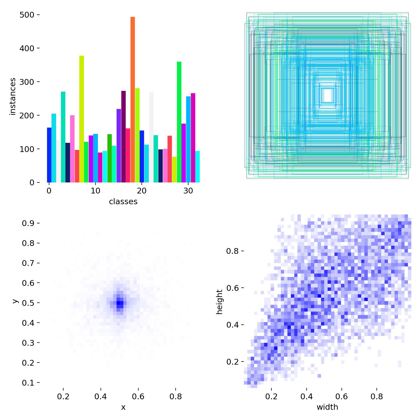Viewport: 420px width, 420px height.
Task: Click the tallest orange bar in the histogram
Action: tap(133, 100)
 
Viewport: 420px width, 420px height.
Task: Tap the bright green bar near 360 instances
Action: tap(179, 122)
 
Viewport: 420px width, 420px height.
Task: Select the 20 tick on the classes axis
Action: tap(142, 191)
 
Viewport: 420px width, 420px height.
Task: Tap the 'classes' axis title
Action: tap(123, 202)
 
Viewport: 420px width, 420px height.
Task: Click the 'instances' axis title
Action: tap(12, 96)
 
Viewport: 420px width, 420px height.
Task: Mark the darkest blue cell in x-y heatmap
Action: tap(120, 303)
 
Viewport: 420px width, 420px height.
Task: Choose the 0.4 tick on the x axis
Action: tap(101, 396)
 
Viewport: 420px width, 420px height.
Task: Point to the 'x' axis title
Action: tap(123, 407)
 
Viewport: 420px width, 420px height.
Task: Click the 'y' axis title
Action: tap(15, 301)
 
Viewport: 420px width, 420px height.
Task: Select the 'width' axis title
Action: tap(327, 407)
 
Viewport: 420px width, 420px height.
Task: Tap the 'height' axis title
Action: tap(219, 302)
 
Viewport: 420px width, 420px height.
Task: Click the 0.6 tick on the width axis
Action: tap(342, 396)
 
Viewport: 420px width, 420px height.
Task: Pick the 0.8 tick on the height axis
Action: tap(232, 251)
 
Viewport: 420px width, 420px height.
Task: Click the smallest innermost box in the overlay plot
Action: tap(328, 95)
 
